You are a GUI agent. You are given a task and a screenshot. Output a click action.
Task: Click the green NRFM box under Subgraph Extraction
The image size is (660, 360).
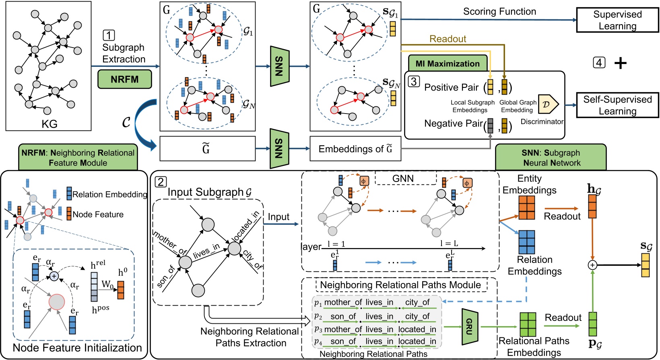pyautogui.click(x=125, y=79)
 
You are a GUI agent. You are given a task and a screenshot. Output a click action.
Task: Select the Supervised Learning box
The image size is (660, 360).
pyautogui.click(x=617, y=20)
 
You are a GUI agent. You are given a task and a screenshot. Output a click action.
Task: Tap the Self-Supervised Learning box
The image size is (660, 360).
pyautogui.click(x=617, y=105)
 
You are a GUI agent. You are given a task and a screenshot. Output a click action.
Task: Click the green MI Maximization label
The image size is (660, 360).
pyautogui.click(x=448, y=64)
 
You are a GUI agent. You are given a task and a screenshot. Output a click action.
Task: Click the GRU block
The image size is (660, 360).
pyautogui.click(x=469, y=327)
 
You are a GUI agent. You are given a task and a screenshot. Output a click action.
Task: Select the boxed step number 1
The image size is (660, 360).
pyautogui.click(x=109, y=35)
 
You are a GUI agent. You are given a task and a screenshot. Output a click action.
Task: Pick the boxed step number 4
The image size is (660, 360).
pyautogui.click(x=599, y=62)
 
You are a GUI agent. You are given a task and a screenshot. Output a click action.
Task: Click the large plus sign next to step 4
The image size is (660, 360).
pyautogui.click(x=621, y=63)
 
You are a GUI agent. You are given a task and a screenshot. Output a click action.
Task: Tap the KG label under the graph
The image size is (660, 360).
pyautogui.click(x=49, y=124)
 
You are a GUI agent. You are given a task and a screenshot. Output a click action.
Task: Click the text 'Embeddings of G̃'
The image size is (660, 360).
pyautogui.click(x=355, y=149)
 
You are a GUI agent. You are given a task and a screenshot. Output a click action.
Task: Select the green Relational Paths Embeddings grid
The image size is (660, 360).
pyautogui.click(x=528, y=324)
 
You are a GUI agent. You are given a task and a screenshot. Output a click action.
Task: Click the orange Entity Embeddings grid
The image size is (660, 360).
pyautogui.click(x=526, y=207)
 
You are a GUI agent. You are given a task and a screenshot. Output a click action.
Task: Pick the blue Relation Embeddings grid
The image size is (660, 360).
pyautogui.click(x=526, y=242)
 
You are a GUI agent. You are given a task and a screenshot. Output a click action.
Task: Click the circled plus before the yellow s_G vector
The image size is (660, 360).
pyautogui.click(x=592, y=265)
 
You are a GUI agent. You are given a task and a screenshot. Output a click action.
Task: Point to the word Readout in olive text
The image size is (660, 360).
pyautogui.click(x=448, y=39)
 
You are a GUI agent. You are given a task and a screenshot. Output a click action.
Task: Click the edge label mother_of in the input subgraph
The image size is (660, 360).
pyautogui.click(x=170, y=243)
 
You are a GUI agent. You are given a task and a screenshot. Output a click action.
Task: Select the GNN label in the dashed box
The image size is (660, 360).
pyautogui.click(x=403, y=178)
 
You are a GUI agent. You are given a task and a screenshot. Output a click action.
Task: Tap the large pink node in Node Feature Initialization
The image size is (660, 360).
pyautogui.click(x=57, y=302)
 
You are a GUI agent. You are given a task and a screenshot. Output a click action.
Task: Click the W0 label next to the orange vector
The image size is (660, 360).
pyautogui.click(x=107, y=285)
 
